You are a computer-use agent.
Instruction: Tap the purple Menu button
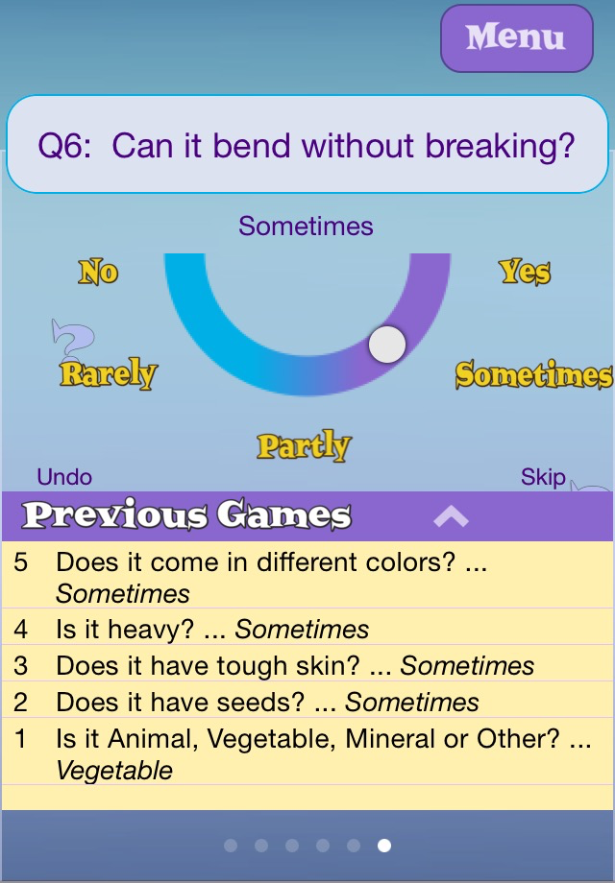[x=516, y=38]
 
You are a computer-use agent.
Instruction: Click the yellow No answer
[x=98, y=272]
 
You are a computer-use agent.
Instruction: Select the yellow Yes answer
[x=525, y=272]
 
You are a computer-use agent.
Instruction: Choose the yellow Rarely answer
[x=109, y=372]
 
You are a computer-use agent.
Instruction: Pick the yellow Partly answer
[x=304, y=445]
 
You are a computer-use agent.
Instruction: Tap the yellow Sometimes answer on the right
[x=533, y=374]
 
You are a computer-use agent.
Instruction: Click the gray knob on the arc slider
[x=387, y=344]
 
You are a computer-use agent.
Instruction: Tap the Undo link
[x=64, y=477]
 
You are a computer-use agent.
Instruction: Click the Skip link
[x=543, y=477]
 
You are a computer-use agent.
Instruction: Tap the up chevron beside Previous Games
[x=451, y=515]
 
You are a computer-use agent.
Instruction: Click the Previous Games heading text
[x=186, y=514]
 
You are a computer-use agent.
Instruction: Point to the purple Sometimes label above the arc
[x=306, y=227]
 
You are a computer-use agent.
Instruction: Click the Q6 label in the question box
[x=64, y=147]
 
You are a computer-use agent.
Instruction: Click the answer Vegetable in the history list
[x=114, y=771]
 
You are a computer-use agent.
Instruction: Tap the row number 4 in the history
[x=21, y=629]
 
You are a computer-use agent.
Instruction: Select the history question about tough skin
[x=208, y=666]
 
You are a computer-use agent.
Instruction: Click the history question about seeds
[x=181, y=703]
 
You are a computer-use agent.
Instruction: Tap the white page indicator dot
[x=384, y=846]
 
